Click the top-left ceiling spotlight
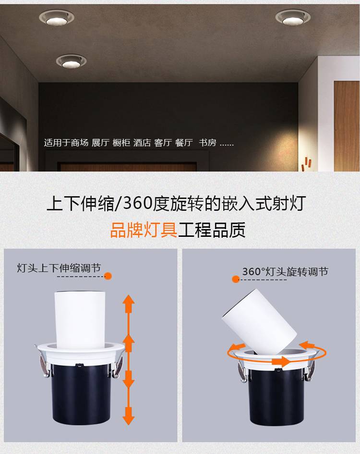click(x=57, y=18)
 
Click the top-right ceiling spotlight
click(x=293, y=17)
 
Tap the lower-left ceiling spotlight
click(x=71, y=61)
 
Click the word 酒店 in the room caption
click(x=142, y=143)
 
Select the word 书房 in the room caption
click(x=207, y=143)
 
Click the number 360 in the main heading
click(x=137, y=203)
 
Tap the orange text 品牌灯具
click(x=144, y=230)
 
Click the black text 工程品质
click(x=212, y=230)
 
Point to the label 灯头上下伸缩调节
click(x=59, y=268)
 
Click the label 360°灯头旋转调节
click(x=285, y=271)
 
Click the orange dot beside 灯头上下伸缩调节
click(x=108, y=276)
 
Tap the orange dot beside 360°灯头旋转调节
click(x=236, y=279)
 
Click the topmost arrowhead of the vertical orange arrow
click(x=129, y=300)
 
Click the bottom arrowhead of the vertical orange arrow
click(x=129, y=418)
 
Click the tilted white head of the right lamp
click(x=260, y=321)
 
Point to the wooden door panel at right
click(x=347, y=126)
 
